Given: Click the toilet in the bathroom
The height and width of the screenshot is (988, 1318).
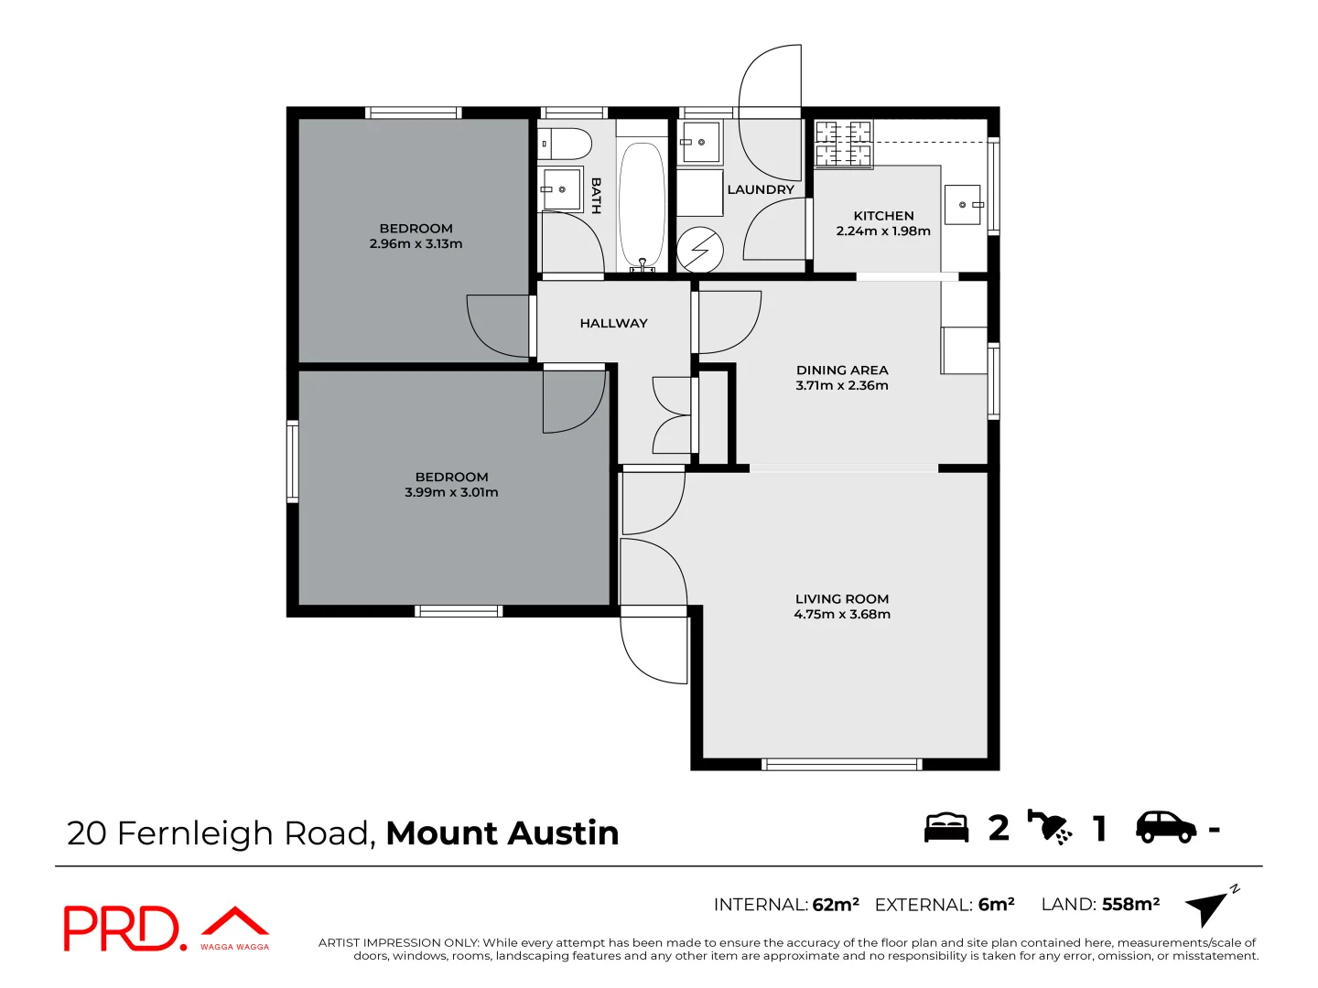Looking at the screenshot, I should (x=565, y=144).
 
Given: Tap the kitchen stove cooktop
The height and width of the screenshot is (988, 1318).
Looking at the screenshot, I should (x=843, y=145).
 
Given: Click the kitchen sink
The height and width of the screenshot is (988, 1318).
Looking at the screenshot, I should (x=963, y=205).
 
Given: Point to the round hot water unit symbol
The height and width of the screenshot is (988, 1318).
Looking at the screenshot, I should (x=700, y=250).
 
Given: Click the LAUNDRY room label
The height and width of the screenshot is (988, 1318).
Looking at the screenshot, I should (x=761, y=189).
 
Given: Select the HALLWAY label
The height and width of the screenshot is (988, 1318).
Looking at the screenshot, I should (x=613, y=323).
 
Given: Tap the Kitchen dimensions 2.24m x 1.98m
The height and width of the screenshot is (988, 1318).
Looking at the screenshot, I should (x=883, y=231).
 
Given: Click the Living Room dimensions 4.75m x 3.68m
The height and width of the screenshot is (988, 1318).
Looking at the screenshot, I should (x=842, y=615).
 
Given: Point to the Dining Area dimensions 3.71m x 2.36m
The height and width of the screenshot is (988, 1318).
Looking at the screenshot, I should (x=842, y=386).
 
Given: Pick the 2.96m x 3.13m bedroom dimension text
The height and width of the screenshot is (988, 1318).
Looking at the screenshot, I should (x=416, y=244).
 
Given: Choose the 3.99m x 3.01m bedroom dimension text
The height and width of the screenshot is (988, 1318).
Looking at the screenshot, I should (x=452, y=492).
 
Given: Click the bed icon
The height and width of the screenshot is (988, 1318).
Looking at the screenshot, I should (x=946, y=827).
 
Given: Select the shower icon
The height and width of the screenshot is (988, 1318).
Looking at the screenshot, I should (x=1049, y=827).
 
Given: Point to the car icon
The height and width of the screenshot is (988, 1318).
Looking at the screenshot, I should (x=1165, y=827).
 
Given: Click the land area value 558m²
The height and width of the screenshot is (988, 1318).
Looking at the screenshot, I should (x=1130, y=905).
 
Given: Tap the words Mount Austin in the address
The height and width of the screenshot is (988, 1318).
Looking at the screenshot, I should (x=502, y=833).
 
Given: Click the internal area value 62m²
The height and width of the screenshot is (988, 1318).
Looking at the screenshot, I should (x=836, y=905).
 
